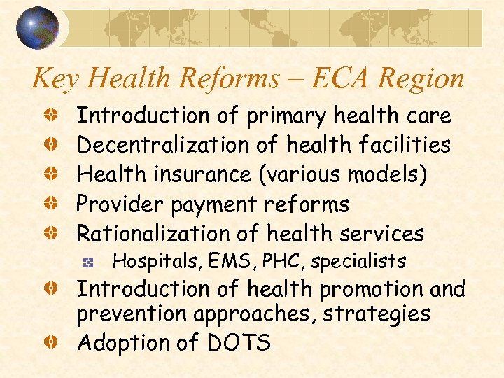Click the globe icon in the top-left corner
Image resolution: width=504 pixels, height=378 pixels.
[38, 28]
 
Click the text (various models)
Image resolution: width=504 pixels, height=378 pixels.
[342, 174]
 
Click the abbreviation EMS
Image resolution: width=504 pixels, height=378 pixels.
[222, 262]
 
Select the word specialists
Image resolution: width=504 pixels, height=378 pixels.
[358, 262]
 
